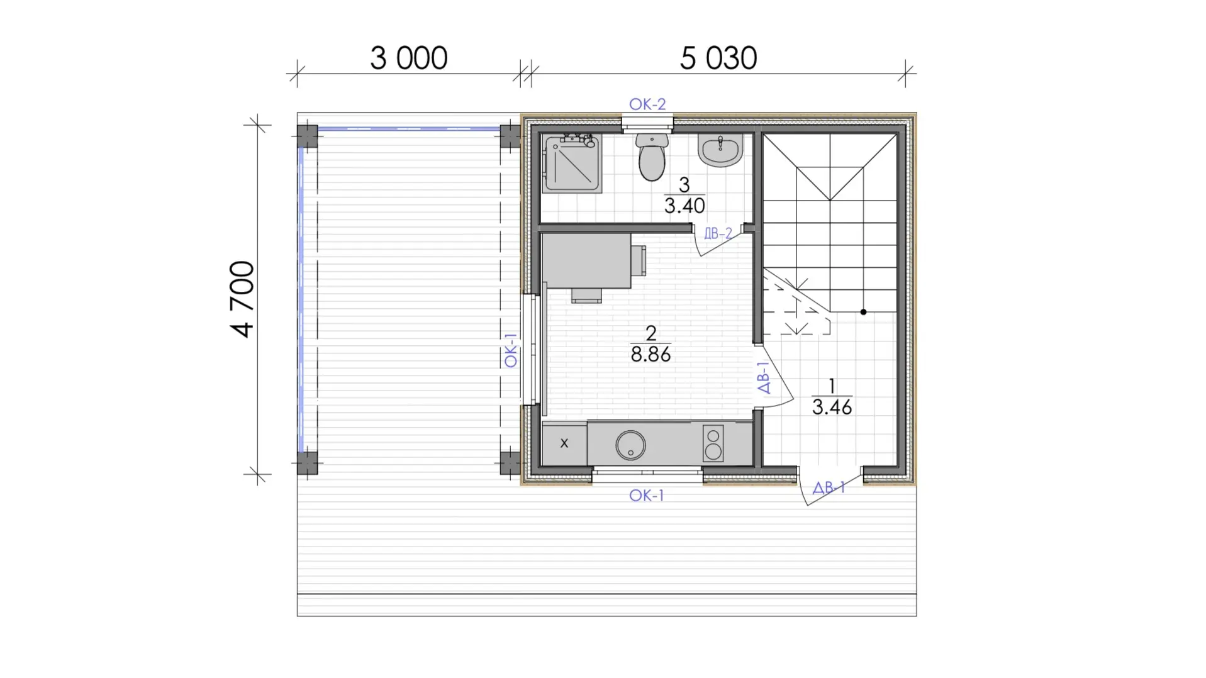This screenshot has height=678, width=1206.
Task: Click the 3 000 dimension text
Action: click(408, 58)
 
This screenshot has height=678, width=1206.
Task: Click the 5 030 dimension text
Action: click(718, 58)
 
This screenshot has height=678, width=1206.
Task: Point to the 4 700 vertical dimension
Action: click(243, 299)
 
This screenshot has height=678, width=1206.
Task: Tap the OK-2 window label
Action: click(647, 104)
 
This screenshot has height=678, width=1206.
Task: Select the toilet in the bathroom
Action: click(652, 157)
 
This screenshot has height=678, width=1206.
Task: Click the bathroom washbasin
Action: click(720, 151)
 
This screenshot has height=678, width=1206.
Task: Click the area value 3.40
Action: click(684, 206)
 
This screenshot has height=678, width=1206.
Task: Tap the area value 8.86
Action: click(650, 354)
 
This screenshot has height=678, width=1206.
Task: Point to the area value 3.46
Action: click(832, 407)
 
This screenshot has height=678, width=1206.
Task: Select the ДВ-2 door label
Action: click(718, 234)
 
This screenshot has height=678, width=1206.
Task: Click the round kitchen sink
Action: click(630, 445)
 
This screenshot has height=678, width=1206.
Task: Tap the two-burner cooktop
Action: click(713, 443)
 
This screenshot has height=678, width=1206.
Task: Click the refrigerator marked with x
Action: click(564, 443)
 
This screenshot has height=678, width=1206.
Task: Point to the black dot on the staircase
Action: click(863, 312)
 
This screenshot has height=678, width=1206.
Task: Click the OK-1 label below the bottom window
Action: click(647, 496)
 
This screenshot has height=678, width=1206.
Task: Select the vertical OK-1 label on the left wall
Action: click(511, 350)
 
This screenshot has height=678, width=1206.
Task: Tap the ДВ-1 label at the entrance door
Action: click(829, 487)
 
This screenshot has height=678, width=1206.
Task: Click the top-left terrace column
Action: click(307, 136)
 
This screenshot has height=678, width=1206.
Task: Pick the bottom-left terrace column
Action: click(307, 462)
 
